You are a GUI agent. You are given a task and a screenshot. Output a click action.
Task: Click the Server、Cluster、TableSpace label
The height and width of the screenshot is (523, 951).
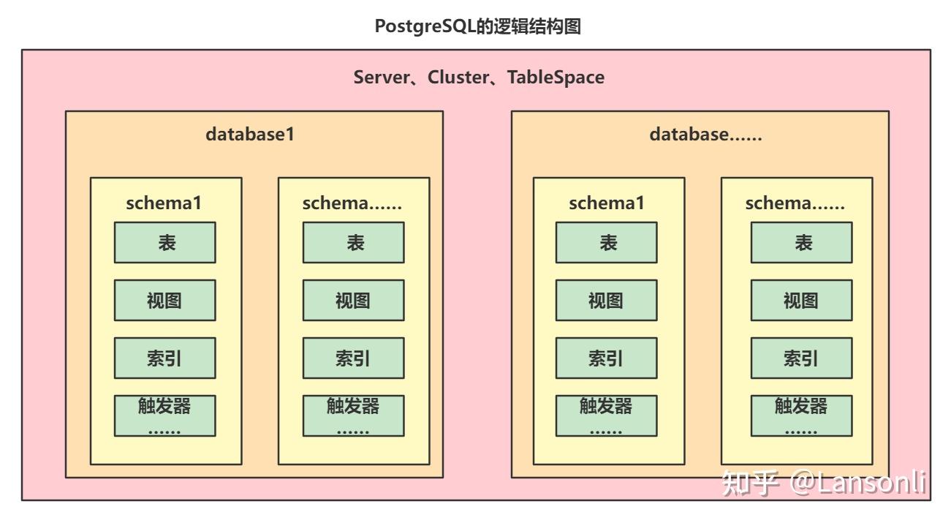pos(479,78)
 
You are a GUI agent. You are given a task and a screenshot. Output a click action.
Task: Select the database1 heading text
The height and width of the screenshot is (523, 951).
pos(250,135)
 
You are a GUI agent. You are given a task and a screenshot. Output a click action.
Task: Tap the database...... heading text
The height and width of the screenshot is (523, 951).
pos(705,135)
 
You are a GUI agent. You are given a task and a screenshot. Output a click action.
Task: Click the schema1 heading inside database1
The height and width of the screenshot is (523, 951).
pos(164,203)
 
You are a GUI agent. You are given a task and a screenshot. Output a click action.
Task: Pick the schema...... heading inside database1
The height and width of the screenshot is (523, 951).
pos(352,203)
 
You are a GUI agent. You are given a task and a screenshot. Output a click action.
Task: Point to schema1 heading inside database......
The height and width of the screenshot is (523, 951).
pos(607,203)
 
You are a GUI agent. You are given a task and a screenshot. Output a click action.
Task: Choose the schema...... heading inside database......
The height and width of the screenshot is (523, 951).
pos(795,203)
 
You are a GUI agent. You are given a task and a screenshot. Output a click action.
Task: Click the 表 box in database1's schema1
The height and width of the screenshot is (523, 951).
pos(165,242)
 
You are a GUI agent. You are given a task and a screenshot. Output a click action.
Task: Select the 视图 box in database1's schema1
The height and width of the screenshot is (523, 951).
pos(165,300)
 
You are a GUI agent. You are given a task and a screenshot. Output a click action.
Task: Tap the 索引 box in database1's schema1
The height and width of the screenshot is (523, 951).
pos(165,358)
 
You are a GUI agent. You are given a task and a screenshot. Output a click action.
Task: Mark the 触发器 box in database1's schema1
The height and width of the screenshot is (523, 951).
pos(165,415)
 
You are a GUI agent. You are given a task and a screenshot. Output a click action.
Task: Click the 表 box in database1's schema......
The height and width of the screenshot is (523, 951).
pos(354,242)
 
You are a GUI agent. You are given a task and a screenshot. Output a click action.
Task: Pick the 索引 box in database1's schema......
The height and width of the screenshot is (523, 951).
pos(354,358)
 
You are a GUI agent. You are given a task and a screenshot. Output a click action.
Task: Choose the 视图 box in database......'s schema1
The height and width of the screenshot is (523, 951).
pos(607,300)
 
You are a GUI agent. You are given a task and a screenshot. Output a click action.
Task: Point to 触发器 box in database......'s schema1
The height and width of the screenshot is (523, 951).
pos(607,415)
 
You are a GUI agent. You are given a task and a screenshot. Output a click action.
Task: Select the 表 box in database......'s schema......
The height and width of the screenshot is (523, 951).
pos(802,242)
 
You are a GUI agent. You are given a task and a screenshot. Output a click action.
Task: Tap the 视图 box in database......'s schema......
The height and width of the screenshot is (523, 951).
pos(802,300)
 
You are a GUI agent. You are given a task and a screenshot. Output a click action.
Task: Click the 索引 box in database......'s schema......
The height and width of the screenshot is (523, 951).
pos(802,358)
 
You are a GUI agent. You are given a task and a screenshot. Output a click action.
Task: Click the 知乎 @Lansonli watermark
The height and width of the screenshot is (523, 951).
pos(823,484)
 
